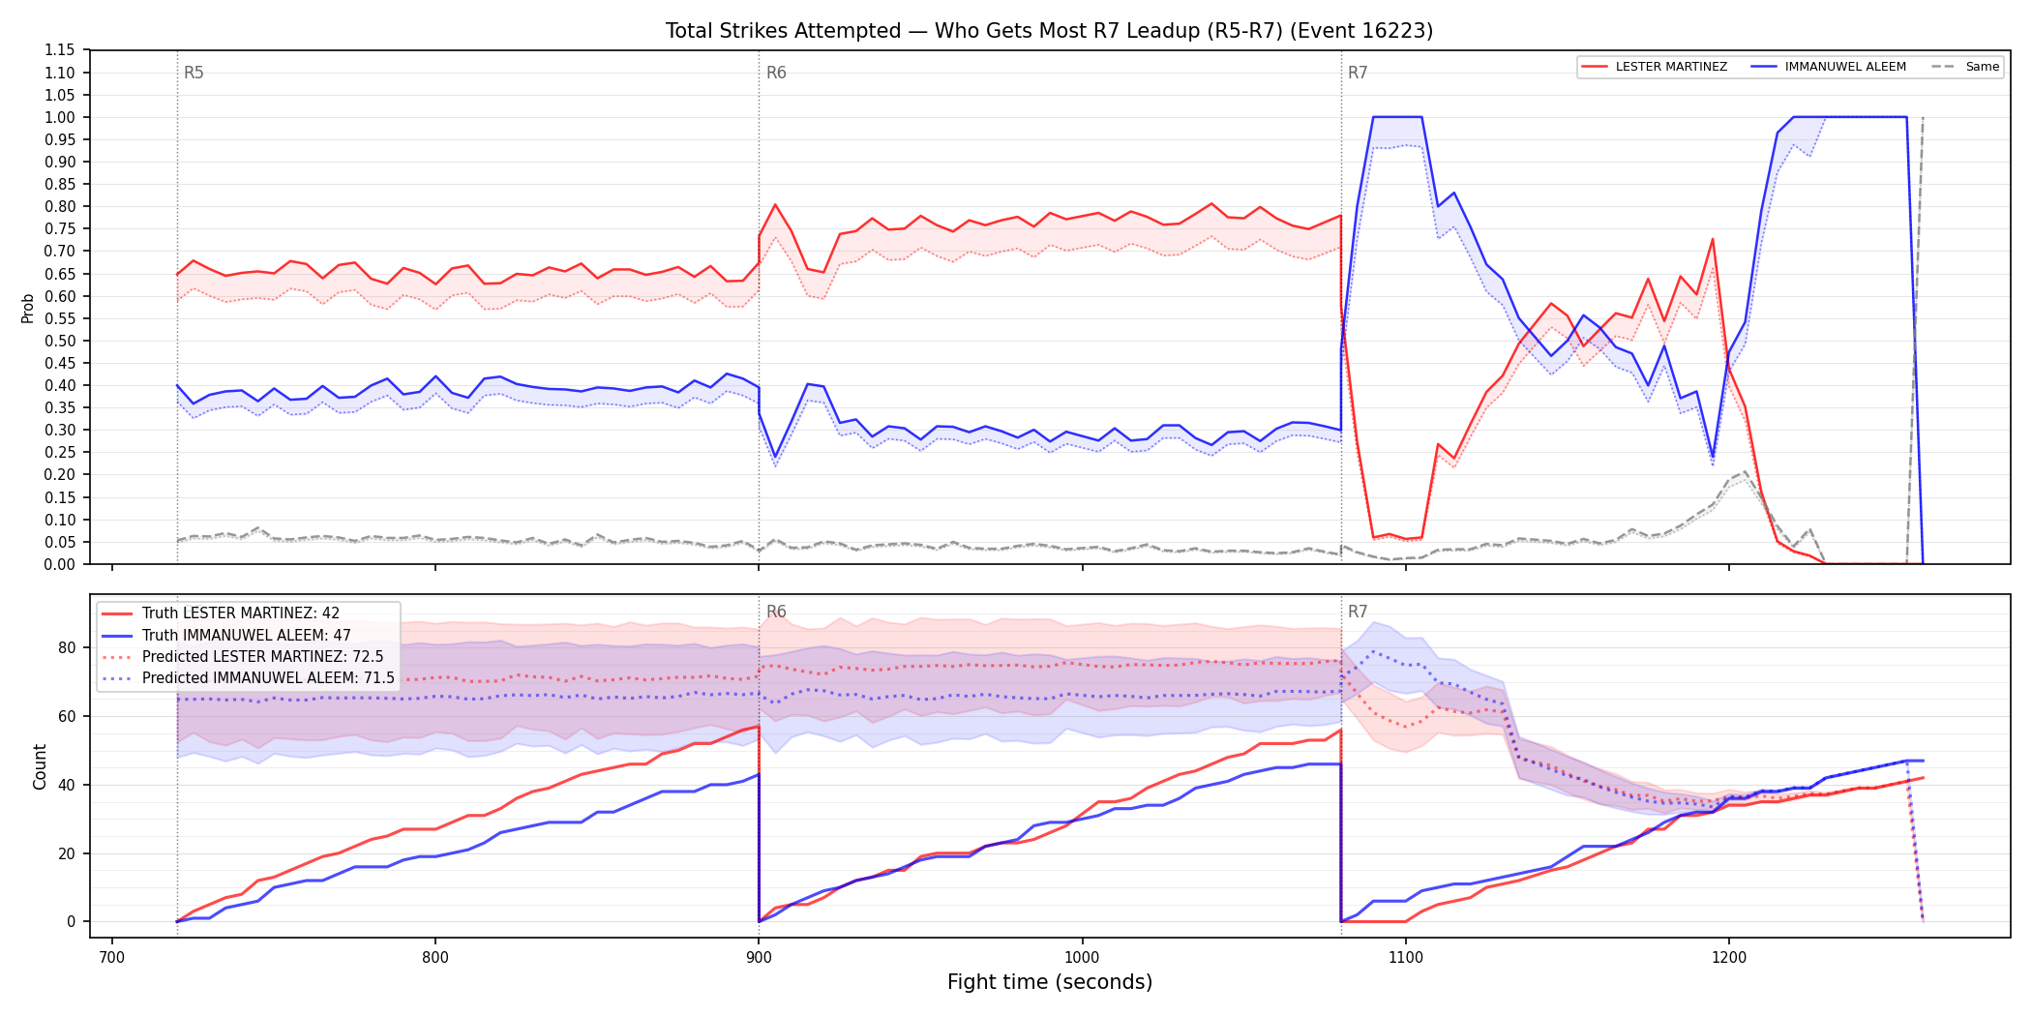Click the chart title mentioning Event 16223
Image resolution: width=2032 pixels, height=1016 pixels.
pyautogui.click(x=1049, y=31)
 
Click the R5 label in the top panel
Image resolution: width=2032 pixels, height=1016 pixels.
pyautogui.click(x=194, y=73)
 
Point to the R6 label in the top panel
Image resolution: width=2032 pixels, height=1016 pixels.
pyautogui.click(x=776, y=73)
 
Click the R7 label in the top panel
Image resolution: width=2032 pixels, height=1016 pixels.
pyautogui.click(x=1358, y=73)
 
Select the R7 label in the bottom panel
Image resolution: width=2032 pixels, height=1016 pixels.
pyautogui.click(x=1358, y=612)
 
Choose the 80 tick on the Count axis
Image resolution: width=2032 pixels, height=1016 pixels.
pyautogui.click(x=67, y=648)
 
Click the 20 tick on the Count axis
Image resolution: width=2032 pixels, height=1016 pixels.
pyautogui.click(x=67, y=853)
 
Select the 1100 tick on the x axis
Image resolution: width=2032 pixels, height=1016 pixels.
pyautogui.click(x=1405, y=957)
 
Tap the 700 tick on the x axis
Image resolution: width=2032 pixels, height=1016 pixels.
pyautogui.click(x=112, y=957)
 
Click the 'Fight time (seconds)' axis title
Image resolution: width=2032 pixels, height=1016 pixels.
pyautogui.click(x=1050, y=982)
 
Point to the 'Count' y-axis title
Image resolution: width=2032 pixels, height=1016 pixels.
pyautogui.click(x=40, y=766)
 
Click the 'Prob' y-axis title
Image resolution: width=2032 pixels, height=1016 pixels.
pyautogui.click(x=28, y=308)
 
